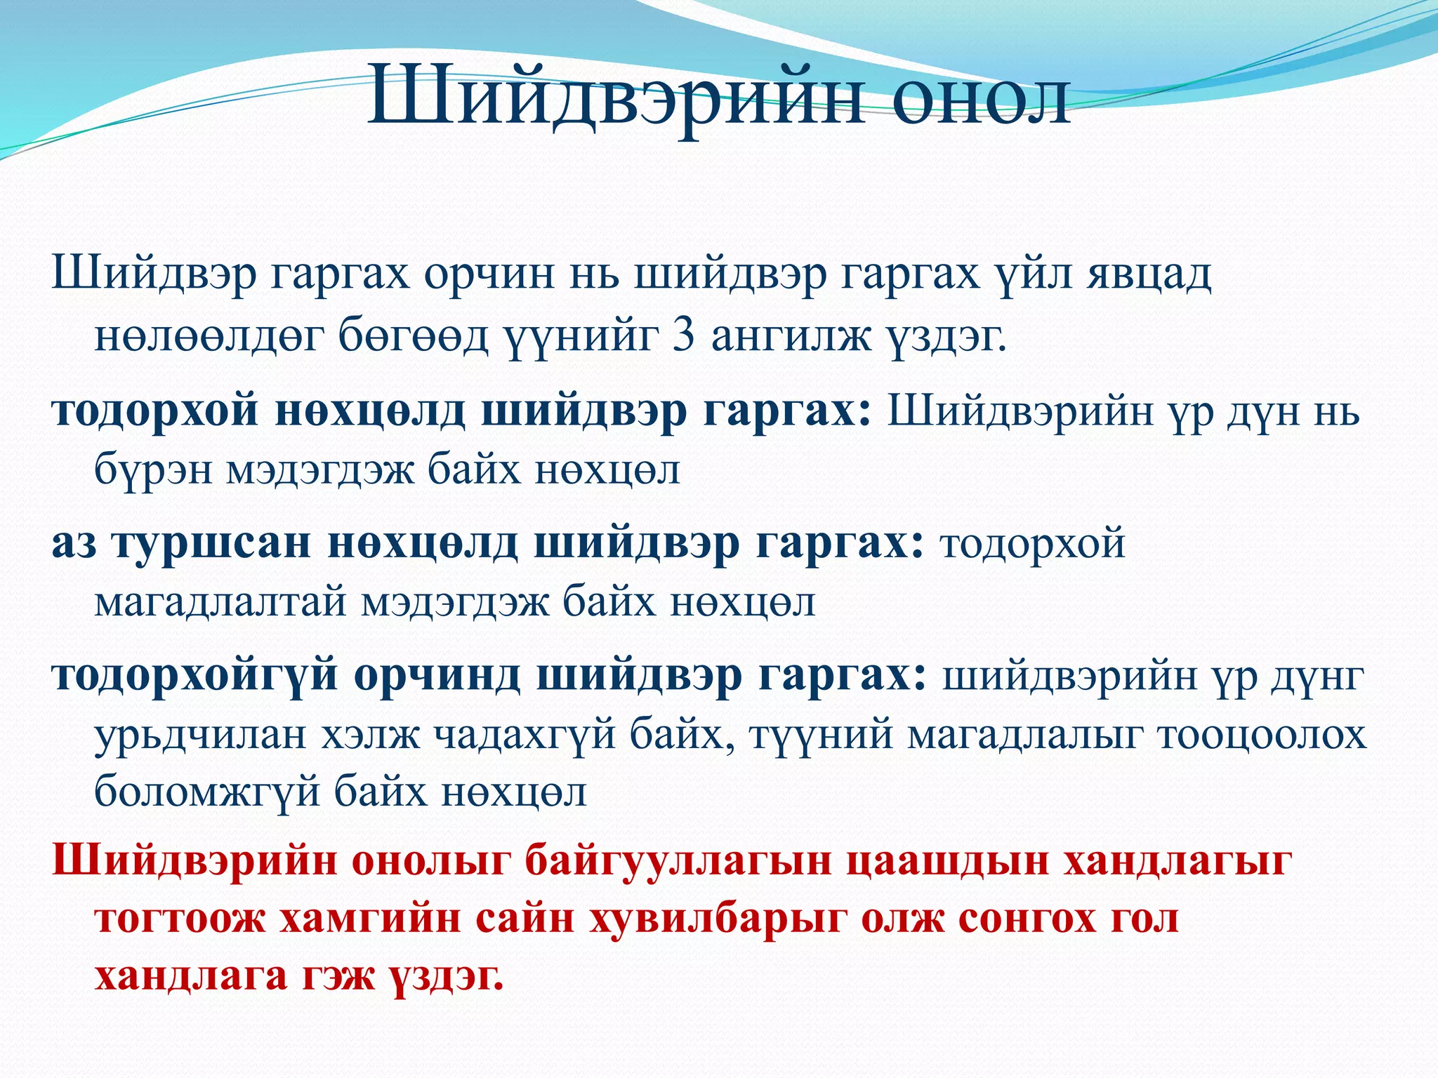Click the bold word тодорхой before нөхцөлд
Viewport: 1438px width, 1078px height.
[155, 411]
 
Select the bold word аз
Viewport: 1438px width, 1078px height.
[74, 544]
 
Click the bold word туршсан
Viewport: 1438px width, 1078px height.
[211, 544]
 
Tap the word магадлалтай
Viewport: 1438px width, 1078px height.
[220, 603]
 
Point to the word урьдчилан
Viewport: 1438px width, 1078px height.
[201, 736]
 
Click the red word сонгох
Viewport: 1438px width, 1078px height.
[1026, 920]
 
